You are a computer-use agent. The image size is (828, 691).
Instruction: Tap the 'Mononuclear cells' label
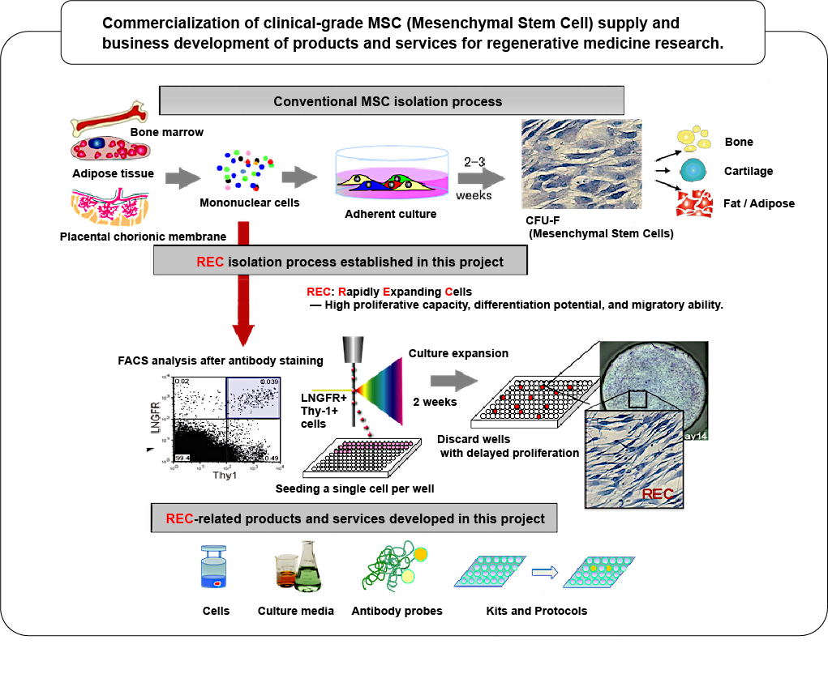(x=249, y=203)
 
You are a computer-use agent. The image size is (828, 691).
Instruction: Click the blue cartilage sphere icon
(x=693, y=171)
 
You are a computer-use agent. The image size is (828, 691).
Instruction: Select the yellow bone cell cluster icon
(x=692, y=139)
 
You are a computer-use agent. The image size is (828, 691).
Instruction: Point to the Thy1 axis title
(x=225, y=476)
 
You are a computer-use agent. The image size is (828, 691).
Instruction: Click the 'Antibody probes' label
(x=397, y=611)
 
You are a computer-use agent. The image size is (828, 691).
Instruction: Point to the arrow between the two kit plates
(x=546, y=571)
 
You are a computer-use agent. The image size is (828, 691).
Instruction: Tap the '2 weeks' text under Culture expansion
(x=435, y=402)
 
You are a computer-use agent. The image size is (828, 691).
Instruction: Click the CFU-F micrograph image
(x=581, y=168)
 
